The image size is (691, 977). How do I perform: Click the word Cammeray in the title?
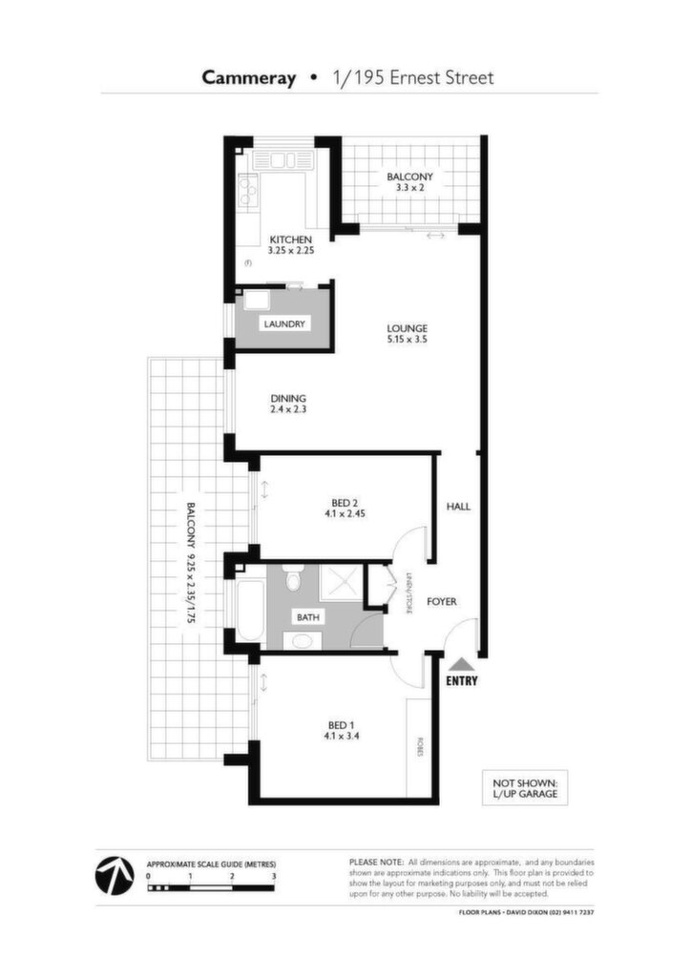248,78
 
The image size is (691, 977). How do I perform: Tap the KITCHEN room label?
290,239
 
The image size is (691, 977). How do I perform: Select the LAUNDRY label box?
284,324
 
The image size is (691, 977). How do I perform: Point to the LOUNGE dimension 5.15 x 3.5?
407,340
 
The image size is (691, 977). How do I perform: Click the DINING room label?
288,399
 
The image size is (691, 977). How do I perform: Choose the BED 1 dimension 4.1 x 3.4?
342,736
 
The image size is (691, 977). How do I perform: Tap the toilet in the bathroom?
291,577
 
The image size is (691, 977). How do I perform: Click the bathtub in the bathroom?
250,610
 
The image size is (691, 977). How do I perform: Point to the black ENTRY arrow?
462,664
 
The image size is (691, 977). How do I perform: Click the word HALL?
458,508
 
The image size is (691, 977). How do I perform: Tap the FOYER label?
441,602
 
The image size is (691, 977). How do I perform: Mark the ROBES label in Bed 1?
420,748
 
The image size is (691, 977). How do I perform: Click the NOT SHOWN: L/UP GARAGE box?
525,788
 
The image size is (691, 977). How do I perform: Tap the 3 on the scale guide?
274,876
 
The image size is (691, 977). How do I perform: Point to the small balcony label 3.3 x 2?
409,187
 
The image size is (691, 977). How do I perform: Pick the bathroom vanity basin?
304,640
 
